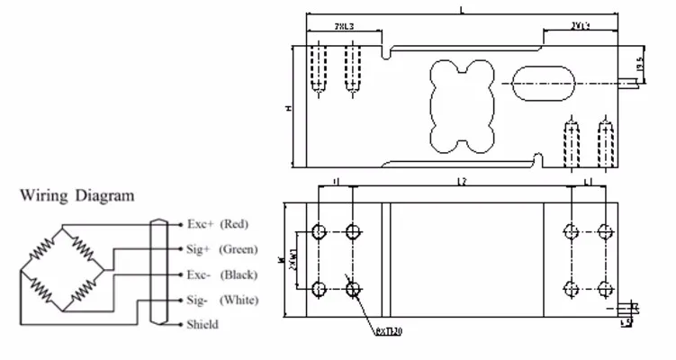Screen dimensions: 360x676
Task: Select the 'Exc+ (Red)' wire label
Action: pyautogui.click(x=217, y=222)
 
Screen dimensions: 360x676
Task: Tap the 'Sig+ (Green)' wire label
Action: pyautogui.click(x=221, y=248)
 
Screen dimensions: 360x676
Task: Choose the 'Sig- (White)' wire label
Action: pyautogui.click(x=220, y=299)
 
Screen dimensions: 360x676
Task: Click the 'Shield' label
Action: pyautogui.click(x=202, y=324)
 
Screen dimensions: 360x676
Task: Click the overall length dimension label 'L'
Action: pyautogui.click(x=462, y=10)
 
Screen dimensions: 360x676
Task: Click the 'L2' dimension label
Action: pyautogui.click(x=460, y=183)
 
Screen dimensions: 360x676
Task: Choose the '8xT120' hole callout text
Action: pyautogui.click(x=388, y=331)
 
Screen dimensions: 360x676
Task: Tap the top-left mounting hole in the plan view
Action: pyautogui.click(x=318, y=231)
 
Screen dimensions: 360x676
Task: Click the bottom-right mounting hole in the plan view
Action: pyautogui.click(x=604, y=288)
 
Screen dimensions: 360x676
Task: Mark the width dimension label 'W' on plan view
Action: pyautogui.click(x=281, y=260)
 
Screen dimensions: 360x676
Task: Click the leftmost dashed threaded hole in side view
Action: pyautogui.click(x=317, y=67)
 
